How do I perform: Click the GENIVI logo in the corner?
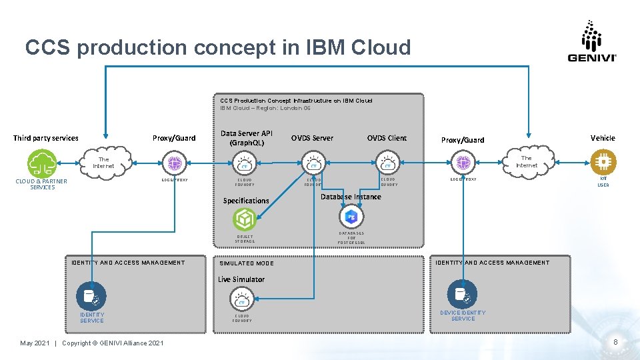(x=591, y=41)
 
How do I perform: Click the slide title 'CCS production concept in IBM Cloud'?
(x=218, y=47)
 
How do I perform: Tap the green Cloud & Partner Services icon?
(x=41, y=163)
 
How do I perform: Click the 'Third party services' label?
(x=46, y=138)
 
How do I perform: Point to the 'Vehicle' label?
(x=603, y=137)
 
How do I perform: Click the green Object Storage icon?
(x=244, y=219)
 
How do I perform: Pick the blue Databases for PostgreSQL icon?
(x=351, y=217)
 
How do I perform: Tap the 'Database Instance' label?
(x=351, y=197)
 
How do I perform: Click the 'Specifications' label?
(x=246, y=201)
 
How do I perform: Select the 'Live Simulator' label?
(x=241, y=279)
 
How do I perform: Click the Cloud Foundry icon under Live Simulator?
(x=242, y=300)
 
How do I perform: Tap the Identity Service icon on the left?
(x=90, y=295)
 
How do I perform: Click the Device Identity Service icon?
(x=462, y=293)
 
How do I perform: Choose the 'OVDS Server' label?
(x=312, y=138)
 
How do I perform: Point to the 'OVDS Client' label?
(x=387, y=138)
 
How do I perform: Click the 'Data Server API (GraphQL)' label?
(x=247, y=138)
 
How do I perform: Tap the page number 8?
(x=615, y=343)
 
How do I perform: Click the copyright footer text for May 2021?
(x=91, y=343)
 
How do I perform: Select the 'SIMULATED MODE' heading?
(x=247, y=263)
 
